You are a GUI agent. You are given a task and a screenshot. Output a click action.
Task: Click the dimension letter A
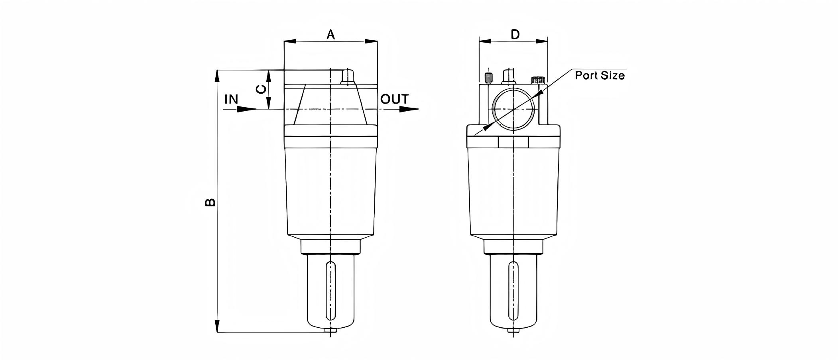point(330,34)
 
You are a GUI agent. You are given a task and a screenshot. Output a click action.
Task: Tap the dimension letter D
point(515,34)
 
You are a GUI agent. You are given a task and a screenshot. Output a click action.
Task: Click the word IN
point(231,99)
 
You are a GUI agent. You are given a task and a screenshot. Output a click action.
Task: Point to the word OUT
point(394,99)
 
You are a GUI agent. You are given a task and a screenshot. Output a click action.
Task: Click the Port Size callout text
point(600,75)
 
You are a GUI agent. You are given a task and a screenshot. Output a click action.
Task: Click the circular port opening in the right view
point(513,109)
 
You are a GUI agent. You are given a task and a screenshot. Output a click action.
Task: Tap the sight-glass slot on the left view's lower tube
point(330,291)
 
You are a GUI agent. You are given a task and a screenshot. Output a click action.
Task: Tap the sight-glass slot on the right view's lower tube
point(513,291)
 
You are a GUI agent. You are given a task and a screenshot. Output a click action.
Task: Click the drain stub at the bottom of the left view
point(330,330)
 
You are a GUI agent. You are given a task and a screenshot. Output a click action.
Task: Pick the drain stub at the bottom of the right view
point(513,330)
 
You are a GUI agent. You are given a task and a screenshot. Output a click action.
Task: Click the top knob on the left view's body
point(348,77)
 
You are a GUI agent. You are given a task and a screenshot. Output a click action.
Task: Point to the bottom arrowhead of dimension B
point(217,325)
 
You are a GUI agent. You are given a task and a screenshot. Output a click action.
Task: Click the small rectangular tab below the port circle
point(513,142)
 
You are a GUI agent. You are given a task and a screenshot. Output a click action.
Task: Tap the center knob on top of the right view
point(508,76)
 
